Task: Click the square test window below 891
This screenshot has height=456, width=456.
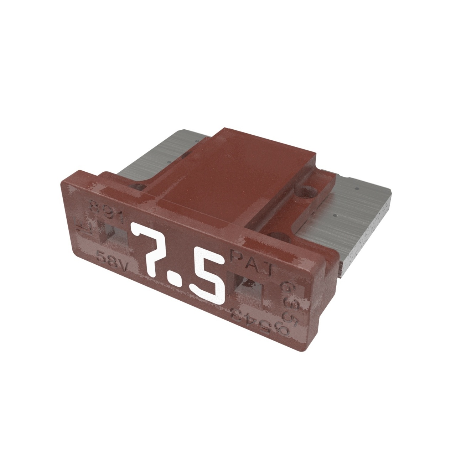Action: coord(113,233)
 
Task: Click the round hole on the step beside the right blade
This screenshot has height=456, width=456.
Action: coord(307,191)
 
